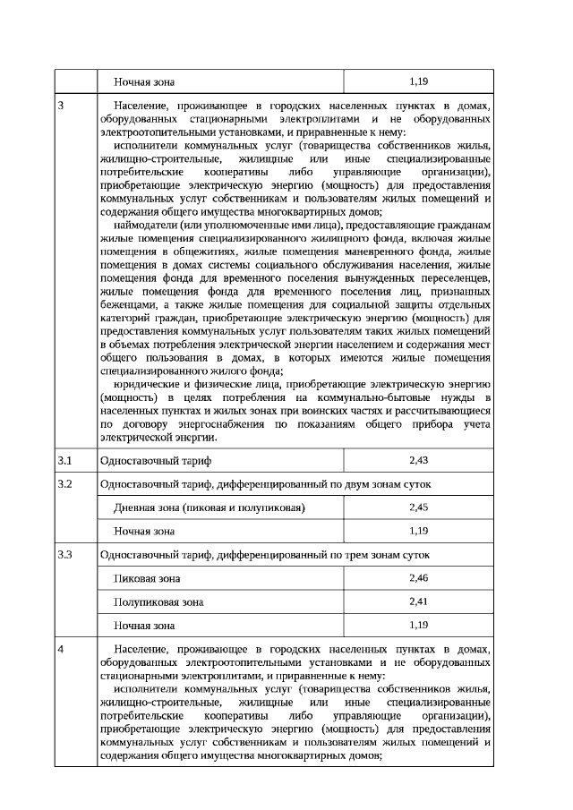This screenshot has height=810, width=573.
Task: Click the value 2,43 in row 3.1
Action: [x=418, y=460]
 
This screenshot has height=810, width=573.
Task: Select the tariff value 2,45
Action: [x=418, y=507]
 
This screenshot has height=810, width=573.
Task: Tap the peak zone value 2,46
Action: [x=418, y=578]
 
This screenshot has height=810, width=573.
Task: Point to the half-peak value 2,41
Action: [x=418, y=601]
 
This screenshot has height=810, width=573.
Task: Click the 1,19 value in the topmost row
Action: [x=418, y=81]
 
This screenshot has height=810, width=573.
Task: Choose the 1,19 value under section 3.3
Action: [x=418, y=624]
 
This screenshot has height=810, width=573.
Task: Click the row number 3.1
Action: [x=64, y=460]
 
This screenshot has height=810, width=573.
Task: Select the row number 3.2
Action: [x=64, y=484]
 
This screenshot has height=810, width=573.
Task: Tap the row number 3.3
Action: [x=64, y=555]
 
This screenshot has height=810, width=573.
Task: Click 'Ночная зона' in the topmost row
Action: [x=144, y=81]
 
